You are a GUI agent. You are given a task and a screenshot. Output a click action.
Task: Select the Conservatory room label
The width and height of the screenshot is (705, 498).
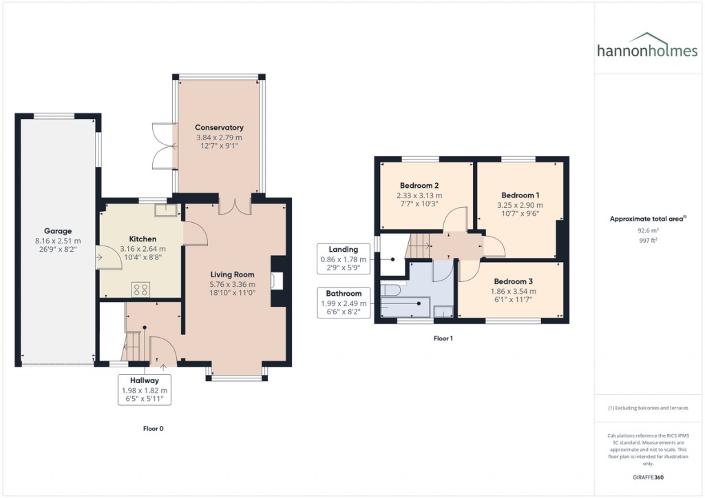(x=219, y=127)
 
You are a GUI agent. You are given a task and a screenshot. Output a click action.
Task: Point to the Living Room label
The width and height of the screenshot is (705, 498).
(x=233, y=274)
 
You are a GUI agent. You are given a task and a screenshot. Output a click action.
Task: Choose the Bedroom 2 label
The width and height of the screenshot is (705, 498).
(x=419, y=186)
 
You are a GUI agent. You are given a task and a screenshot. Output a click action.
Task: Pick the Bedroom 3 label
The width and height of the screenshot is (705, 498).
(x=512, y=281)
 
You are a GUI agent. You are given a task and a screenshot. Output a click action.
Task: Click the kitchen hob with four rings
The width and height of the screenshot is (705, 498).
(x=141, y=290)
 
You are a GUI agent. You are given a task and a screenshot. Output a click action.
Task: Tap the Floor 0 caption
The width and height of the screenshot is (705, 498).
(x=152, y=428)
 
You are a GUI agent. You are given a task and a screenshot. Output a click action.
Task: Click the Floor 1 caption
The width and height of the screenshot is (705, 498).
(x=443, y=338)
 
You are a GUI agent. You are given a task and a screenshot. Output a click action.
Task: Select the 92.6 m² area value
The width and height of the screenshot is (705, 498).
(x=648, y=231)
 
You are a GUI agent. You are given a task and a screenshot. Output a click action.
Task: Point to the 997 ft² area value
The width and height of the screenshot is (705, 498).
(x=648, y=241)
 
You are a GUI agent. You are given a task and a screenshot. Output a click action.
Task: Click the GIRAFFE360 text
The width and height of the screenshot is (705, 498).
(x=648, y=477)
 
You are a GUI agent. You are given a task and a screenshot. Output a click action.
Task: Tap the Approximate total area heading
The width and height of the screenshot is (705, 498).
(x=648, y=219)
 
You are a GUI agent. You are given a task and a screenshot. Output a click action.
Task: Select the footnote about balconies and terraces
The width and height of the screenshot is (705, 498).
(x=648, y=408)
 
